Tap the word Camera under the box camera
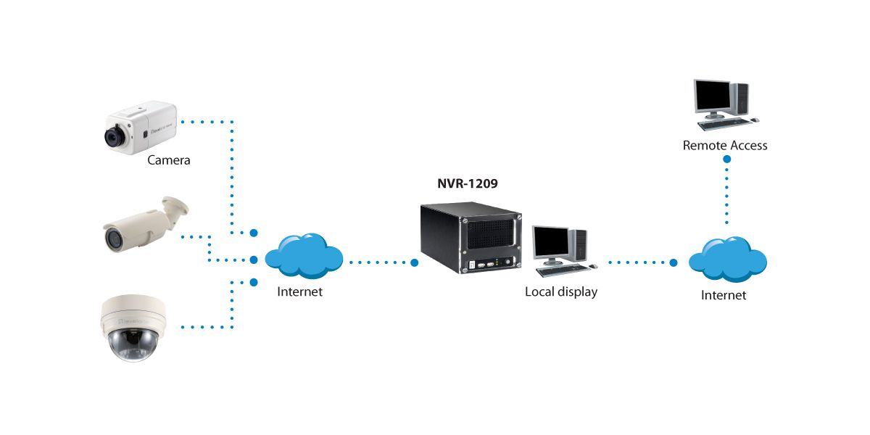coord(168,160)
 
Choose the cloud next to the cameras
coord(304,256)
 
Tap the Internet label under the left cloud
coord(299,292)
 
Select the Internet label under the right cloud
coord(723,296)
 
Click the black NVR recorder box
coord(469,237)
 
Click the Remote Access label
coord(724,146)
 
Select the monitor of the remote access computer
coord(713,96)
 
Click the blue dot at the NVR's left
coord(415,262)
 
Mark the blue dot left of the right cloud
coord(673,262)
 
